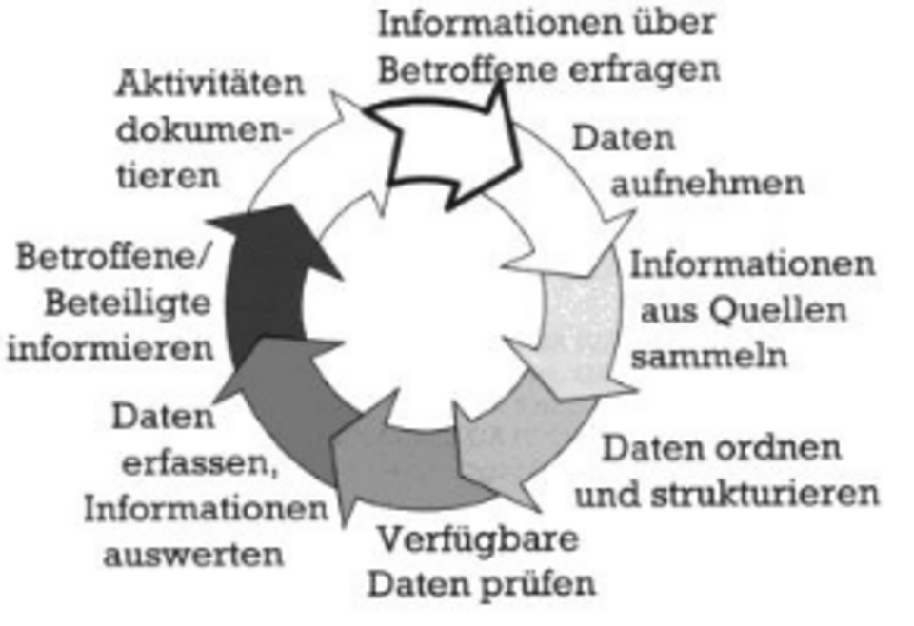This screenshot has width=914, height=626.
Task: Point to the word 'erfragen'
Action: point(645,69)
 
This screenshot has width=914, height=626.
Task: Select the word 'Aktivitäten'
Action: point(209,84)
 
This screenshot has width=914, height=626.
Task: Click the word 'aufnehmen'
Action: point(707,183)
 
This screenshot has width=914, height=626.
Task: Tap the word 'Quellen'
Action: point(778,310)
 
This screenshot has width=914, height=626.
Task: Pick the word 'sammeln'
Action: point(708,355)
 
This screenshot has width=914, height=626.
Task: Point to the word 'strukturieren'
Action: point(765,494)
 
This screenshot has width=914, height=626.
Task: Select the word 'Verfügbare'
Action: point(479,539)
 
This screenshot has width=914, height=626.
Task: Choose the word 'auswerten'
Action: point(193,555)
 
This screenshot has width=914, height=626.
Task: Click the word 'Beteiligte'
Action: point(128,303)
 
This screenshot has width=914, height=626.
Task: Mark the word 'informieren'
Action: point(110,348)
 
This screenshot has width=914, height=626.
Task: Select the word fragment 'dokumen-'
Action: point(204,129)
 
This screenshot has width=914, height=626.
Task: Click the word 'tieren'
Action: point(169,175)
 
